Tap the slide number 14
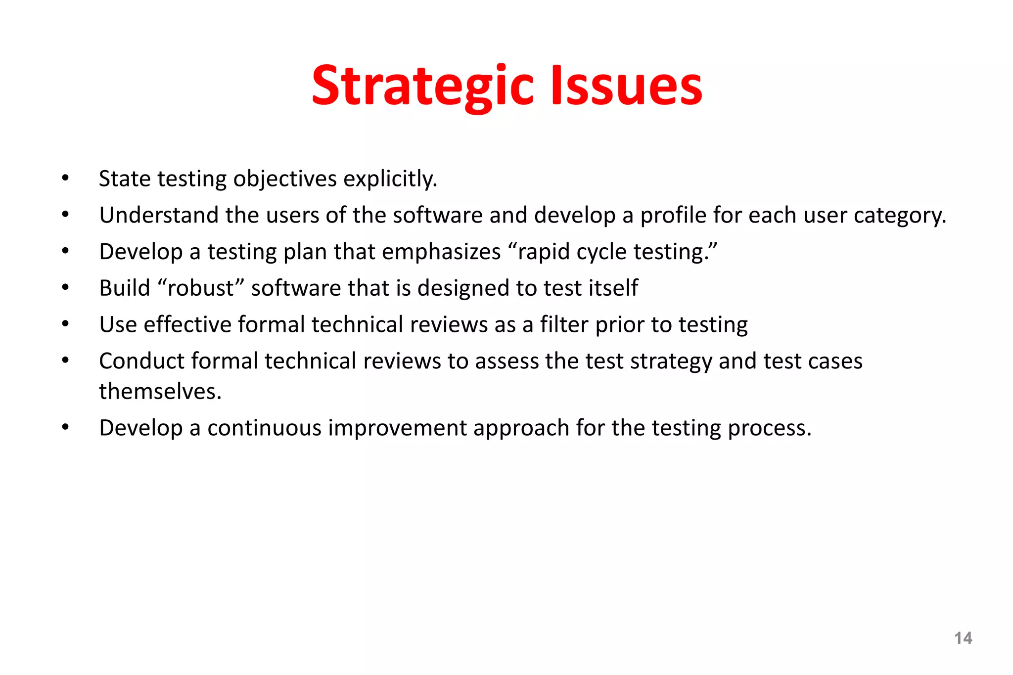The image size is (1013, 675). [963, 638]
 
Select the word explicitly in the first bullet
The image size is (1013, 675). [390, 179]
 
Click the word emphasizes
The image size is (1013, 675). [441, 252]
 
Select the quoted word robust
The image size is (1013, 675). [201, 288]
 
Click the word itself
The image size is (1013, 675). [613, 288]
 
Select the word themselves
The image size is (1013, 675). [160, 392]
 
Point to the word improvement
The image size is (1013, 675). [397, 428]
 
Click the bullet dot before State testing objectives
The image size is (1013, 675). [65, 178]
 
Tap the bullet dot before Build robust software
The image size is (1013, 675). [65, 287]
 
